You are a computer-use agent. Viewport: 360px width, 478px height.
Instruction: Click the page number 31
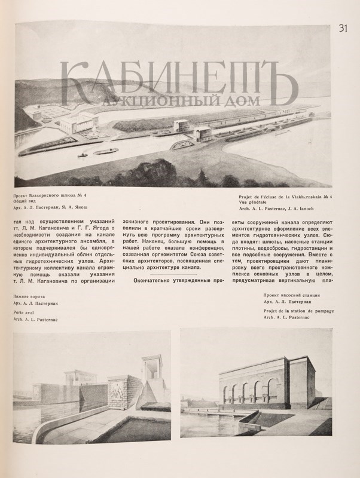click(x=343, y=28)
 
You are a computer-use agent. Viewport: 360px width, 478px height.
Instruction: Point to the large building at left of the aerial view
click(x=78, y=124)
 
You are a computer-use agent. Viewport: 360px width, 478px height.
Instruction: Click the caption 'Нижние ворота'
click(x=30, y=296)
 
